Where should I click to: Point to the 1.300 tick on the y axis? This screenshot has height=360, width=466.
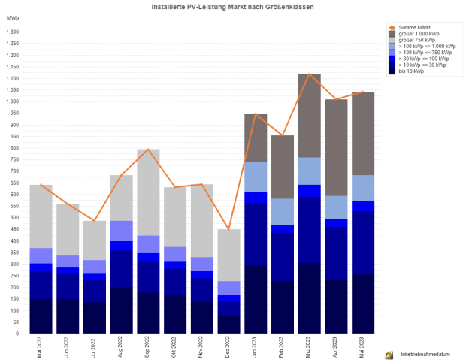click(x=11, y=32)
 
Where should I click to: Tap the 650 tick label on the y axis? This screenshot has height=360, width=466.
click(x=13, y=183)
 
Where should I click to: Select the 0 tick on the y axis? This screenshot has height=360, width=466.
click(x=17, y=333)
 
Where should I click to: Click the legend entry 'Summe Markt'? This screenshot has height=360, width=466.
click(x=414, y=27)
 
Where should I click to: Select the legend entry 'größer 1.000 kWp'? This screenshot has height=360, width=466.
click(x=419, y=34)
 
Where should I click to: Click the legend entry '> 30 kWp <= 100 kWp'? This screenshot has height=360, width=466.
click(x=423, y=58)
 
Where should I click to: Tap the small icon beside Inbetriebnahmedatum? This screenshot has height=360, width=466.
click(x=389, y=354)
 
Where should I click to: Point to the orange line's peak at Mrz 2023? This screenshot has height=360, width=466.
click(x=310, y=74)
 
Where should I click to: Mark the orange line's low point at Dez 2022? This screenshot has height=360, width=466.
click(x=229, y=229)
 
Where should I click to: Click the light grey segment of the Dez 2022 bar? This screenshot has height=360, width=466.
click(x=229, y=256)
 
